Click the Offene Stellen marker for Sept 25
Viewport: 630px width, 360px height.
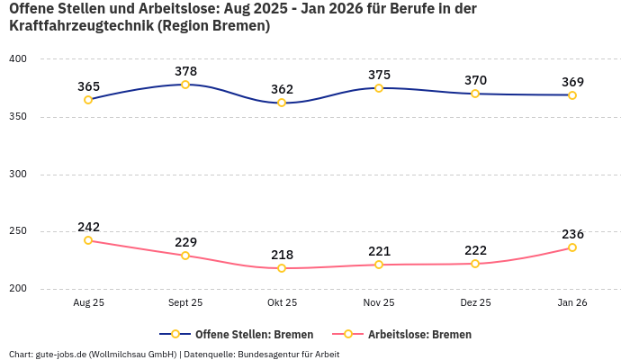point(185,85)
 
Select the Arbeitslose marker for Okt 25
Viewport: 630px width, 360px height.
point(282,268)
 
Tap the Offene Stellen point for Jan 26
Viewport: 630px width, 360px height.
point(572,95)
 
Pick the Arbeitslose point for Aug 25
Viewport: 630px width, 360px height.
point(88,240)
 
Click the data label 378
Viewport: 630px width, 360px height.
point(185,71)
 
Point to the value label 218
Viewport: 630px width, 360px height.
point(282,255)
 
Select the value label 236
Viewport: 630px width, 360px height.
point(572,234)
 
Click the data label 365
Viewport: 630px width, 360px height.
point(88,86)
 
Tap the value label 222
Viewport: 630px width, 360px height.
point(475,250)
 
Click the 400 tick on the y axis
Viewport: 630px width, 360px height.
point(18,59)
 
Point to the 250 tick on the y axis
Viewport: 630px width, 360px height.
point(18,231)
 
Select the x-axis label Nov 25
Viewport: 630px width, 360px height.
point(379,303)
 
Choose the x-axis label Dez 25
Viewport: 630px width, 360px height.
point(475,303)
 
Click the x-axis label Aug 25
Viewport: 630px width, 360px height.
point(88,303)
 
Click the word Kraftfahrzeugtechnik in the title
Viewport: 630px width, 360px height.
point(80,26)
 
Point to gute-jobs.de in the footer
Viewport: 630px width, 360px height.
point(62,354)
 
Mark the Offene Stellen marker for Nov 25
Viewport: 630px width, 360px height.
point(379,88)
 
